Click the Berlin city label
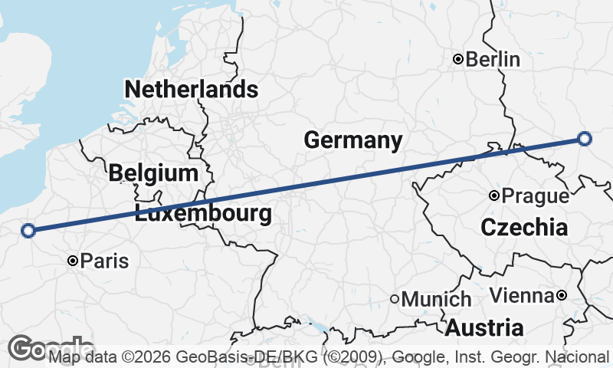[x=493, y=59]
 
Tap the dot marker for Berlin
[x=457, y=59]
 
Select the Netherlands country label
[x=191, y=89]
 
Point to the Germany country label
[x=353, y=140]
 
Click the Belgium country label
[x=153, y=172]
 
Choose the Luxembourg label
[x=203, y=213]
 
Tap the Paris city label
[x=104, y=261]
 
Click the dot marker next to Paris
[x=73, y=261]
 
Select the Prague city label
[x=536, y=196]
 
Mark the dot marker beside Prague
[x=495, y=196]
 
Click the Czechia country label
[x=525, y=227]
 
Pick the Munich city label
[x=436, y=299]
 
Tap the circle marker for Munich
[x=395, y=299]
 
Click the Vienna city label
[x=521, y=295]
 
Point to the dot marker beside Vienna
[x=562, y=295]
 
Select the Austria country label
[x=485, y=328]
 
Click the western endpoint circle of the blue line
[x=28, y=230]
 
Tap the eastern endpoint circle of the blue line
[x=585, y=139]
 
